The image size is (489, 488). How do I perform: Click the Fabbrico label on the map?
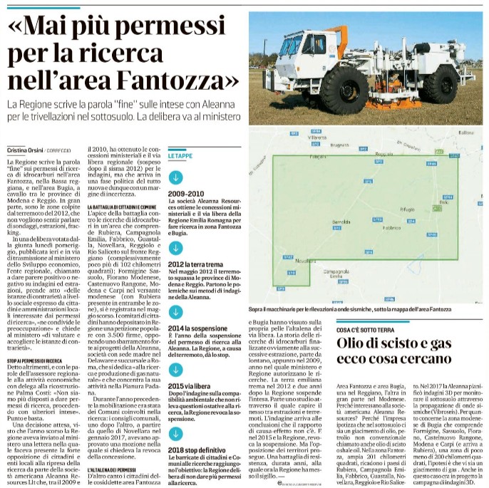(391, 227)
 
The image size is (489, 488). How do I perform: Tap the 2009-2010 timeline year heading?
(186, 193)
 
